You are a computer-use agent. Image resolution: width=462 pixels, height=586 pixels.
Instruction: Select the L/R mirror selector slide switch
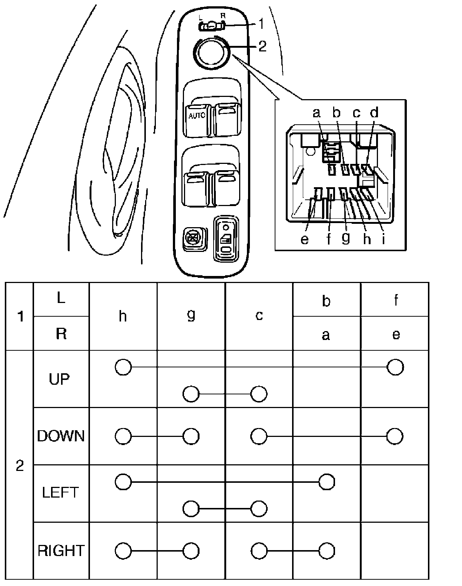[x=211, y=26]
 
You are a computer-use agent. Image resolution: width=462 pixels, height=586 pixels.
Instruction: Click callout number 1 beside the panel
[x=261, y=24]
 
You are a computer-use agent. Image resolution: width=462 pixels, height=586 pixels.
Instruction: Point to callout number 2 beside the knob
[x=262, y=47]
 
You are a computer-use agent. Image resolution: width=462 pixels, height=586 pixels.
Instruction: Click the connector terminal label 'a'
[x=316, y=112]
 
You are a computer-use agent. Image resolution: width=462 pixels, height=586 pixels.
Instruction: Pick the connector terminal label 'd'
[x=375, y=112]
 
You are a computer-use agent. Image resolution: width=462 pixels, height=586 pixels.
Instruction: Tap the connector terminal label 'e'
[x=305, y=239]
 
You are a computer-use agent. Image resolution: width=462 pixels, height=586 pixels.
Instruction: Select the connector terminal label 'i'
[x=384, y=239]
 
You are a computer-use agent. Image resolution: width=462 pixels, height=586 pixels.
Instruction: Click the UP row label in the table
[x=59, y=379]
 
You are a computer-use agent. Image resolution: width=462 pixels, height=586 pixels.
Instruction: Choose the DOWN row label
[x=61, y=436]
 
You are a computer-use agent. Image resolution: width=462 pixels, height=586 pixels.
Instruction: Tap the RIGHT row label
[x=61, y=550]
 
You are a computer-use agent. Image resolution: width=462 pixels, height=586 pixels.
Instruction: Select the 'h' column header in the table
[x=123, y=316]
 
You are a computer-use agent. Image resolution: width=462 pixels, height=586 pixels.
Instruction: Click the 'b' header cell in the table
[x=326, y=301]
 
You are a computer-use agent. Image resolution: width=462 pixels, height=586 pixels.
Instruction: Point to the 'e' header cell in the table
[x=396, y=334]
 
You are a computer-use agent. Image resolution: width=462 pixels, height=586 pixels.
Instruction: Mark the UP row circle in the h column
[x=123, y=367]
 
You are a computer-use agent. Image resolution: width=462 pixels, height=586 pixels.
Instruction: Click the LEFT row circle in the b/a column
[x=327, y=482]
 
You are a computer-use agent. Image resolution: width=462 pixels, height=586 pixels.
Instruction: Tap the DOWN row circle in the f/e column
[x=395, y=436]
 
